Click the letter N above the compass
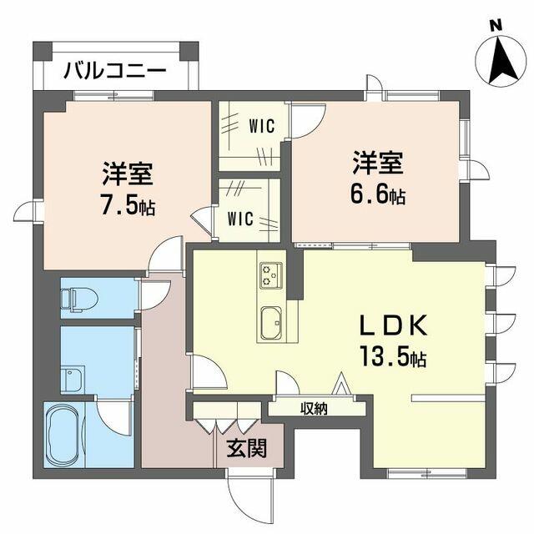point(496,25)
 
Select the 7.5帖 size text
point(128,205)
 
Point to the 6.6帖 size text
point(378,197)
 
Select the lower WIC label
point(241,219)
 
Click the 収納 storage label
point(314,409)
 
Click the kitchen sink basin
point(272,322)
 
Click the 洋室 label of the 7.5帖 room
point(127,176)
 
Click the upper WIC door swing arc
point(307,119)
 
